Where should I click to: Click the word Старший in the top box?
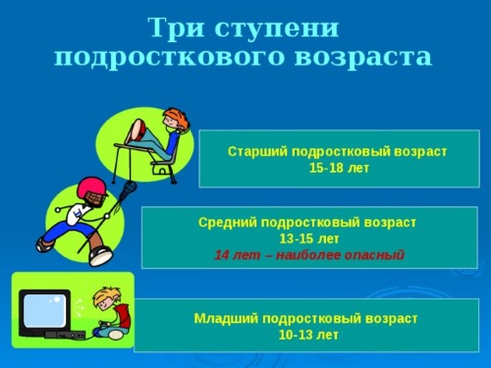(252, 152)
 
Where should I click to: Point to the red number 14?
(222, 254)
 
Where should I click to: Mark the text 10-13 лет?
(307, 335)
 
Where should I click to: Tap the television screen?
(43, 310)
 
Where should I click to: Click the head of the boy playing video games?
(104, 298)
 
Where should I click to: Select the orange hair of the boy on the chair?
(176, 120)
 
